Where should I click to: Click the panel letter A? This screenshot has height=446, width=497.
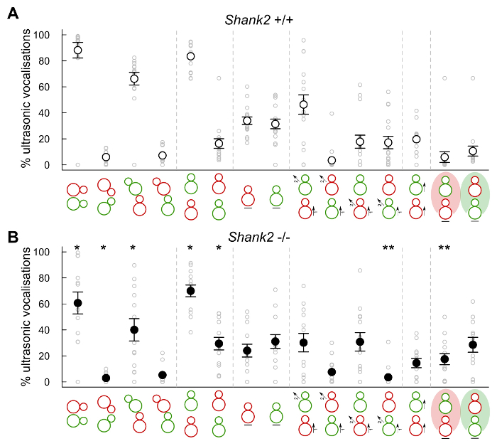tap(12, 13)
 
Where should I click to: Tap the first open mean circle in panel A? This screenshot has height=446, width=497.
tap(77, 51)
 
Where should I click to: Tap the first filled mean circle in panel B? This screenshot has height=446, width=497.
tap(77, 303)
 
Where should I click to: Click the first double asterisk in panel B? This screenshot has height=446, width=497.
tap(388, 248)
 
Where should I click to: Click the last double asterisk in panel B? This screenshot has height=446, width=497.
tap(444, 248)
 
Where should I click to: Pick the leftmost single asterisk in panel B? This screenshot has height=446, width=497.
tap(77, 248)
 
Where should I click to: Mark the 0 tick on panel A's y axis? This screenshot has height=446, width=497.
tap(45, 165)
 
